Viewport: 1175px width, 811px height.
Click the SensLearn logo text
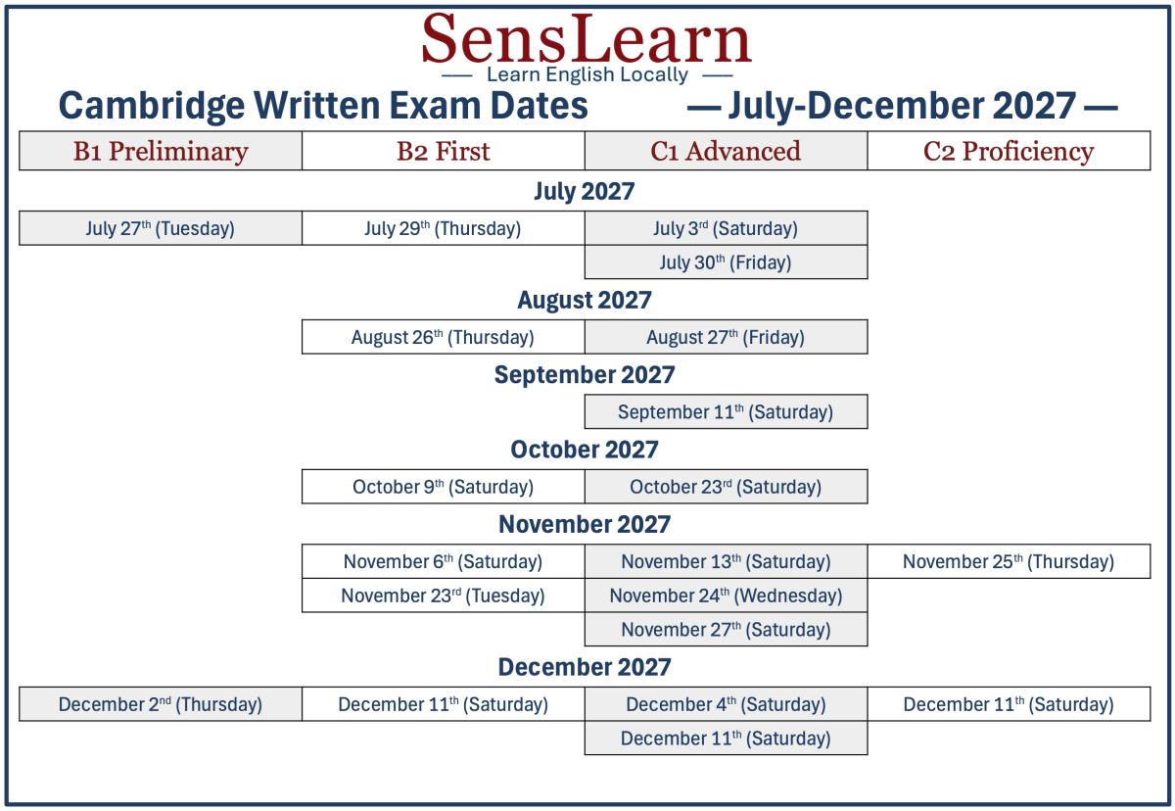click(587, 39)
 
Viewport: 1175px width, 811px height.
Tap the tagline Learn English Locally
click(587, 75)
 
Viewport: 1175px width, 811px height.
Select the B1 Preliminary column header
click(161, 151)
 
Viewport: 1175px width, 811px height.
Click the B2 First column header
click(444, 151)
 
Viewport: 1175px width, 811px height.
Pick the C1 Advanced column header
click(726, 151)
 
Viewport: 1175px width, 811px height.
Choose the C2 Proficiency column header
click(1009, 151)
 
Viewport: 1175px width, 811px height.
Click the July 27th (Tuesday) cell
click(161, 228)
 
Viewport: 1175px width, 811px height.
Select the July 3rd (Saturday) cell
click(726, 228)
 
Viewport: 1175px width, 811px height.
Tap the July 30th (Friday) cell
click(726, 262)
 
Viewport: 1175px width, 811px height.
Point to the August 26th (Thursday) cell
click(444, 337)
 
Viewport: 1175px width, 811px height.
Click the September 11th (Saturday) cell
click(726, 411)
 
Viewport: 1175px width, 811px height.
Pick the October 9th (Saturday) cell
click(444, 486)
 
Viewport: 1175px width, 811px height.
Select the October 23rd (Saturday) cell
click(726, 486)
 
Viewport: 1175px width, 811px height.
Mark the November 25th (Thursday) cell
click(1009, 561)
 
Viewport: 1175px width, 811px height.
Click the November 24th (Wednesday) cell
click(726, 596)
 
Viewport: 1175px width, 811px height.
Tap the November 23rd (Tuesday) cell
click(444, 596)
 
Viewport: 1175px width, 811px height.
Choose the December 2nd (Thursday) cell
click(161, 704)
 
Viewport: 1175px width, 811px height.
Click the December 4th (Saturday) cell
click(726, 704)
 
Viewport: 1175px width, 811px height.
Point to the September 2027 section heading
click(585, 374)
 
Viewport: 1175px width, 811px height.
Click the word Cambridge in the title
click(152, 107)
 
